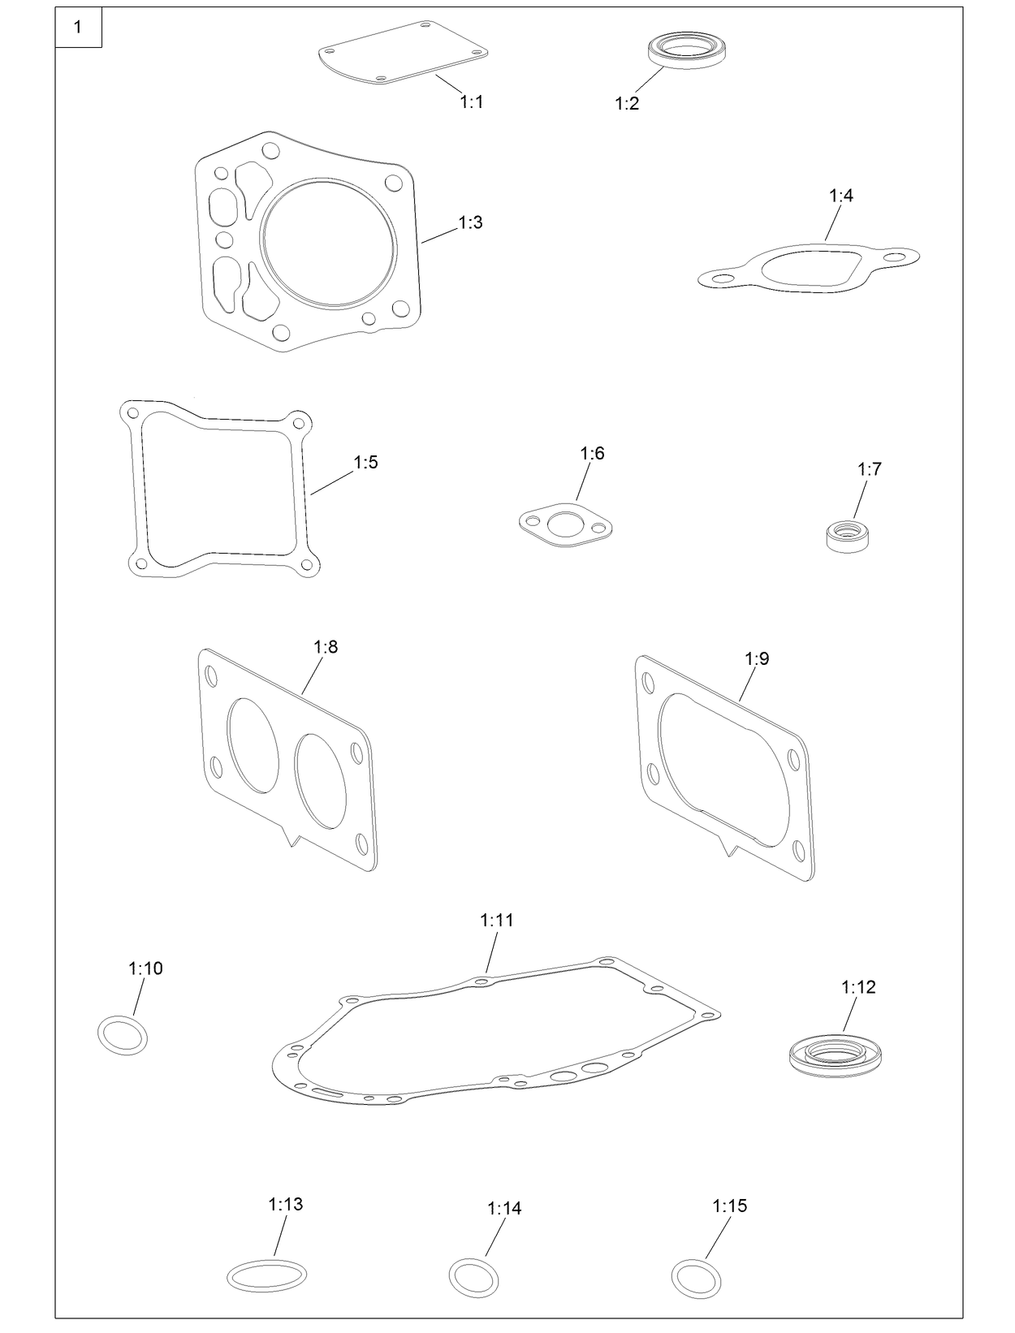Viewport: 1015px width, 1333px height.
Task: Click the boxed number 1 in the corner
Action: (78, 28)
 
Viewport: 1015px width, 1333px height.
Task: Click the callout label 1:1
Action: (471, 101)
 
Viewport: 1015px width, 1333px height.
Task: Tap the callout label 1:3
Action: (470, 222)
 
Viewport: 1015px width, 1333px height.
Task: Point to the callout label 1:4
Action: (840, 196)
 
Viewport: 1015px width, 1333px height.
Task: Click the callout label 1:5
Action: (365, 462)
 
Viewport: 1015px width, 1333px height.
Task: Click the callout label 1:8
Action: (326, 647)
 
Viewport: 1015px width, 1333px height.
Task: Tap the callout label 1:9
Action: (756, 658)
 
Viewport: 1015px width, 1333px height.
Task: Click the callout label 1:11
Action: (496, 920)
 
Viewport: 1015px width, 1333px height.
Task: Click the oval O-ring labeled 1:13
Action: (266, 1275)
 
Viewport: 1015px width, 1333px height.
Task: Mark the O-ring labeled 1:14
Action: (473, 1278)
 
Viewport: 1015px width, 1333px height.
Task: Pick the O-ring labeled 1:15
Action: (697, 1278)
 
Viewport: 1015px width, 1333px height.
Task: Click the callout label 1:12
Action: (857, 987)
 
